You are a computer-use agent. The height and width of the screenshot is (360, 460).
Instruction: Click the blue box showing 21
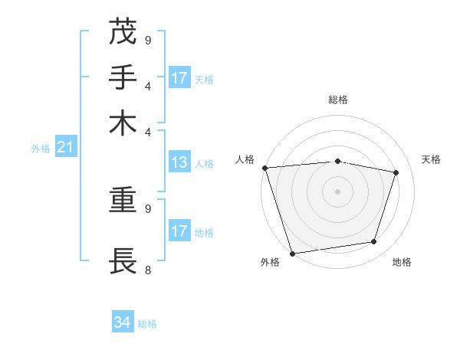coord(65,148)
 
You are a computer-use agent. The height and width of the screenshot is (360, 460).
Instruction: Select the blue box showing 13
coord(179,162)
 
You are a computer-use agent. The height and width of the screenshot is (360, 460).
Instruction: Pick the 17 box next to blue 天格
coord(179,78)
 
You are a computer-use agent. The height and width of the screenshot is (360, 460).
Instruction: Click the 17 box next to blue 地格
coord(179,231)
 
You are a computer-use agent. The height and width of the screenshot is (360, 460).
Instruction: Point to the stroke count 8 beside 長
coord(148,270)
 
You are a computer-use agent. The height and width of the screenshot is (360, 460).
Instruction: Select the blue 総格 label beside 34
coord(147,324)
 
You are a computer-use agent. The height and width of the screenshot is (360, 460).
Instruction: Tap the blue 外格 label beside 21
coord(41,149)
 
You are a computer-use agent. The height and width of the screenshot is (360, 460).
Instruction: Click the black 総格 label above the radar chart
coord(337,100)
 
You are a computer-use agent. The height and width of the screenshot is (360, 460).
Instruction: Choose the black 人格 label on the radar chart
coord(245,159)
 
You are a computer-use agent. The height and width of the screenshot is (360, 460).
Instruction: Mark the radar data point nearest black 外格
coord(292,253)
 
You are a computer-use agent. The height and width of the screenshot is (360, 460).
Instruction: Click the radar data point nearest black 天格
coord(396,172)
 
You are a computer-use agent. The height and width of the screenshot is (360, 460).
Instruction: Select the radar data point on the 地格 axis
coord(373,242)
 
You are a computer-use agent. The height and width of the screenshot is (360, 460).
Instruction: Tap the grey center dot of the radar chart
coord(337,191)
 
